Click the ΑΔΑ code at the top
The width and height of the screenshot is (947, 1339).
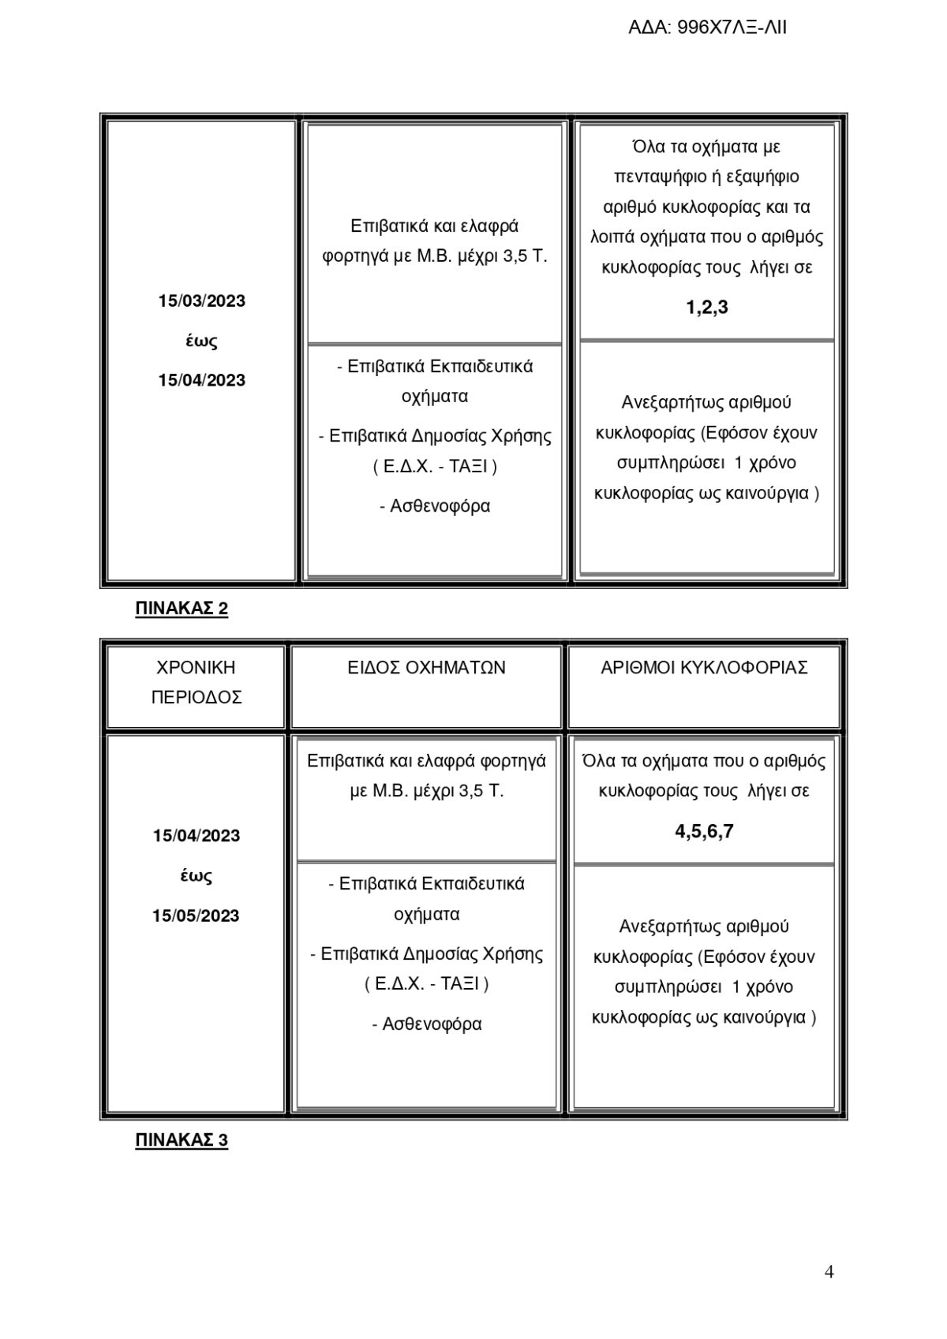[x=707, y=29]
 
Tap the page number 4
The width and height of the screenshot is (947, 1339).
[x=829, y=1271]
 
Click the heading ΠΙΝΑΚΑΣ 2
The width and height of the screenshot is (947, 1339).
[x=182, y=609]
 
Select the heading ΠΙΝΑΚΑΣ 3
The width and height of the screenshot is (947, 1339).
[x=182, y=1140]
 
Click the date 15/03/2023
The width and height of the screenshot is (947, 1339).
[x=202, y=301]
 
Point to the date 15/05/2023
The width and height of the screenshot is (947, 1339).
[x=196, y=916]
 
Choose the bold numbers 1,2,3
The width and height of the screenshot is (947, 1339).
[x=707, y=308]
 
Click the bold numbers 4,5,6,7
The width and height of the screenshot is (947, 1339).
[x=704, y=831]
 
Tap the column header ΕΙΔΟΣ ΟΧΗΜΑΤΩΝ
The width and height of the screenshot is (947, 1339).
[x=427, y=668]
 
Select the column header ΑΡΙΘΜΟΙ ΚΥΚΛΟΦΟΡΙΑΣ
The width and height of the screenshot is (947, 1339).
[x=704, y=668]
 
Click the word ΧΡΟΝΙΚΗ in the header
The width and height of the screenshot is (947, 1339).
[x=197, y=668]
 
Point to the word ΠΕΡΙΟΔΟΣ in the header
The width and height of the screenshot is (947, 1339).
[x=197, y=698]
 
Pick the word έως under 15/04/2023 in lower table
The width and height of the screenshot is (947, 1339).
[x=196, y=876]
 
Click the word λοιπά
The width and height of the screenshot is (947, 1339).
[x=611, y=237]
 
